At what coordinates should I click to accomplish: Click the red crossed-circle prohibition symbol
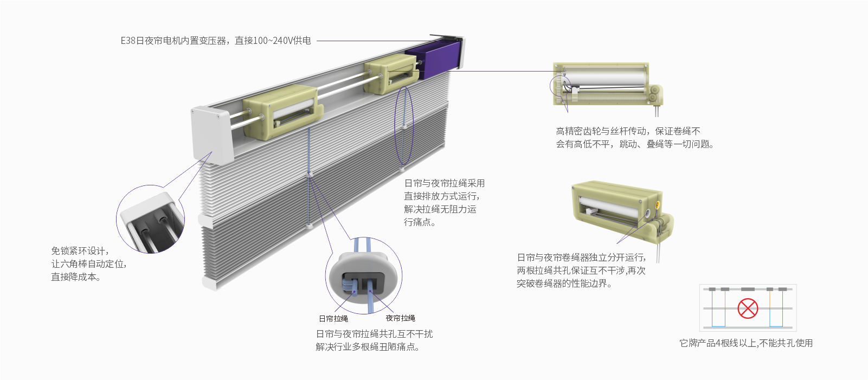pyautogui.click(x=748, y=308)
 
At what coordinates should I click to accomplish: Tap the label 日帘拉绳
pyautogui.click(x=333, y=319)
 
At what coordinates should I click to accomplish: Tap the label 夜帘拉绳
pyautogui.click(x=400, y=318)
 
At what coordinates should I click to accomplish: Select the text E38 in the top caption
pyautogui.click(x=127, y=41)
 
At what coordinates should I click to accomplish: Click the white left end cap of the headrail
pyautogui.click(x=211, y=134)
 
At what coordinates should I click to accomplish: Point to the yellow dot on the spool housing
pyautogui.click(x=658, y=205)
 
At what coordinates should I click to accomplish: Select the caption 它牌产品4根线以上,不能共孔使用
pyautogui.click(x=745, y=343)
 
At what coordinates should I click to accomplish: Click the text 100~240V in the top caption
pyautogui.click(x=273, y=41)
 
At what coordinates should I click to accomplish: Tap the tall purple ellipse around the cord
pyautogui.click(x=404, y=125)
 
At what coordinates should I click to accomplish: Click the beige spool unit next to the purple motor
pyautogui.click(x=391, y=74)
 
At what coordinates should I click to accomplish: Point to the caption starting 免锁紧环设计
pyautogui.click(x=89, y=264)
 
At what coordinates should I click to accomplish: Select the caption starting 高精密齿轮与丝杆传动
pyautogui.click(x=634, y=138)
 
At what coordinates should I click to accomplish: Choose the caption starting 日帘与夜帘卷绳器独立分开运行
pyautogui.click(x=581, y=270)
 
